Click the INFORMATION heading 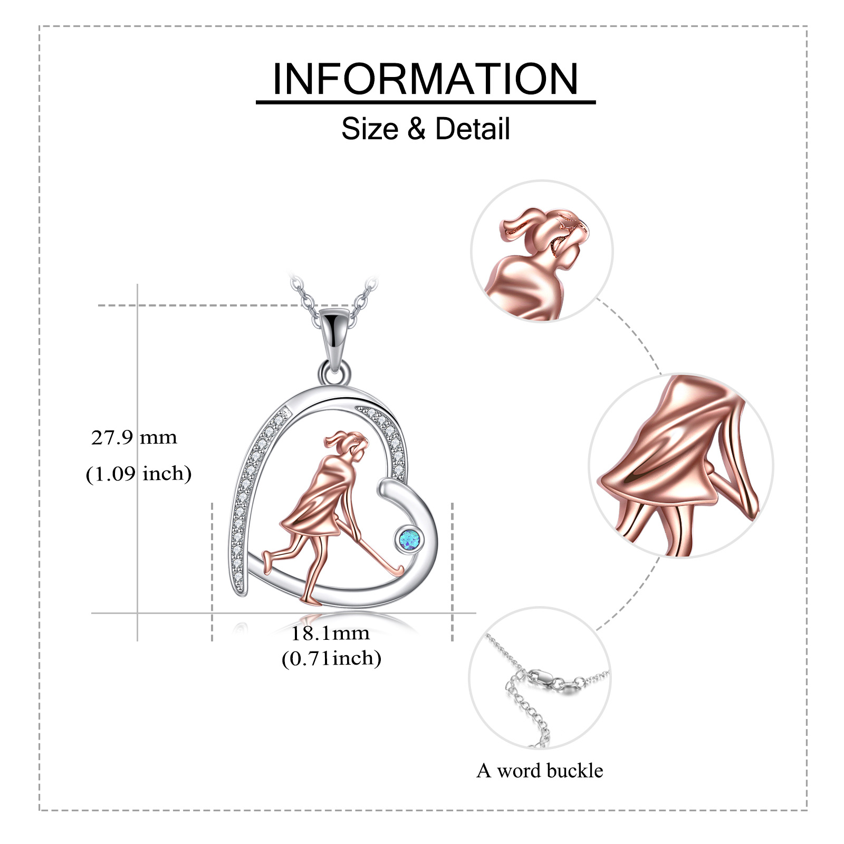coord(425,79)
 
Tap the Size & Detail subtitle coord(425,129)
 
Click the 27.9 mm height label coord(134,437)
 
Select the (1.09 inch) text coord(139,473)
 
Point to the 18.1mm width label coord(331,633)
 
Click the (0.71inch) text coord(331,658)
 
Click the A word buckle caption coord(540,771)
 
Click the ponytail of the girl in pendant coord(335,437)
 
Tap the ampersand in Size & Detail coord(416,129)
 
